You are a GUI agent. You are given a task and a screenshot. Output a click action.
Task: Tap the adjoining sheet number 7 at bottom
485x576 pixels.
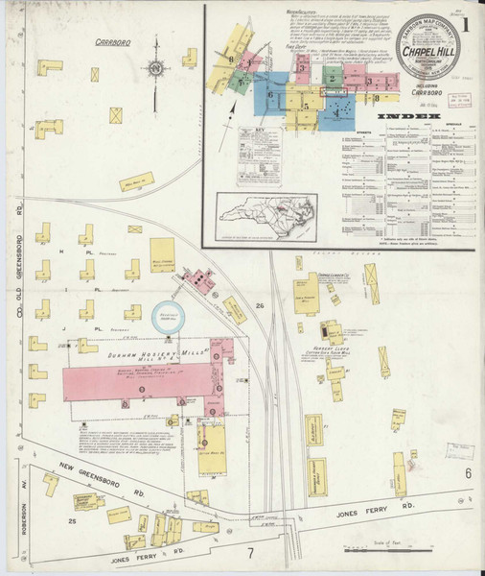click(x=250, y=554)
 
